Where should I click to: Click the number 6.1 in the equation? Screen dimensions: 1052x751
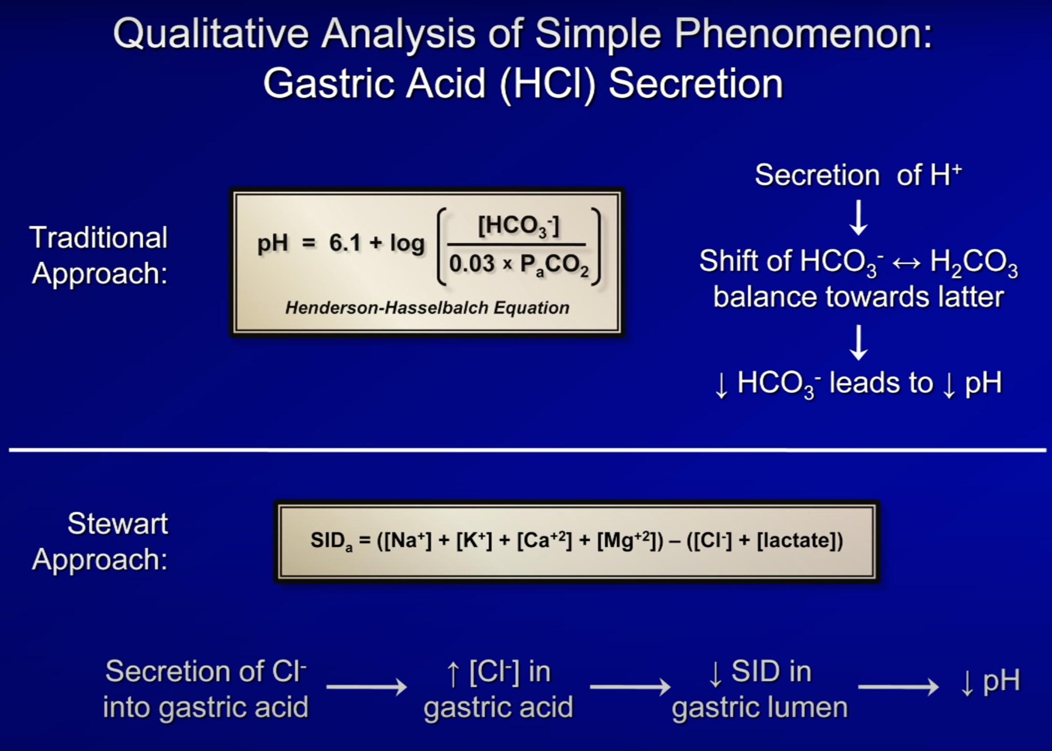click(345, 243)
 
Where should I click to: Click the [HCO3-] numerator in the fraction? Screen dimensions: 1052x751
click(519, 226)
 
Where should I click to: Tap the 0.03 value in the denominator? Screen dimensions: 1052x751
click(472, 264)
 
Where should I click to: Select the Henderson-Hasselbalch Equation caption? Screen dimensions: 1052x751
click(427, 308)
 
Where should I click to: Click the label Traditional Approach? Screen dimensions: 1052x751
click(99, 255)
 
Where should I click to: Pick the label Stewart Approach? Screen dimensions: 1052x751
click(100, 541)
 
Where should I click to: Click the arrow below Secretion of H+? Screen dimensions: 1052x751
click(858, 217)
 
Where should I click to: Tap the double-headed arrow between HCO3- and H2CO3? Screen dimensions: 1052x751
click(906, 263)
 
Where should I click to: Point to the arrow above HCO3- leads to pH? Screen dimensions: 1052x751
click(858, 342)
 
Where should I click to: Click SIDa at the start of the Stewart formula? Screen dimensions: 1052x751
click(331, 541)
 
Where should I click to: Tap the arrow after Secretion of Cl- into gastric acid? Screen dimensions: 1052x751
click(367, 687)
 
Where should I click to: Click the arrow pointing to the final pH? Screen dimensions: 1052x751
click(898, 687)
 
